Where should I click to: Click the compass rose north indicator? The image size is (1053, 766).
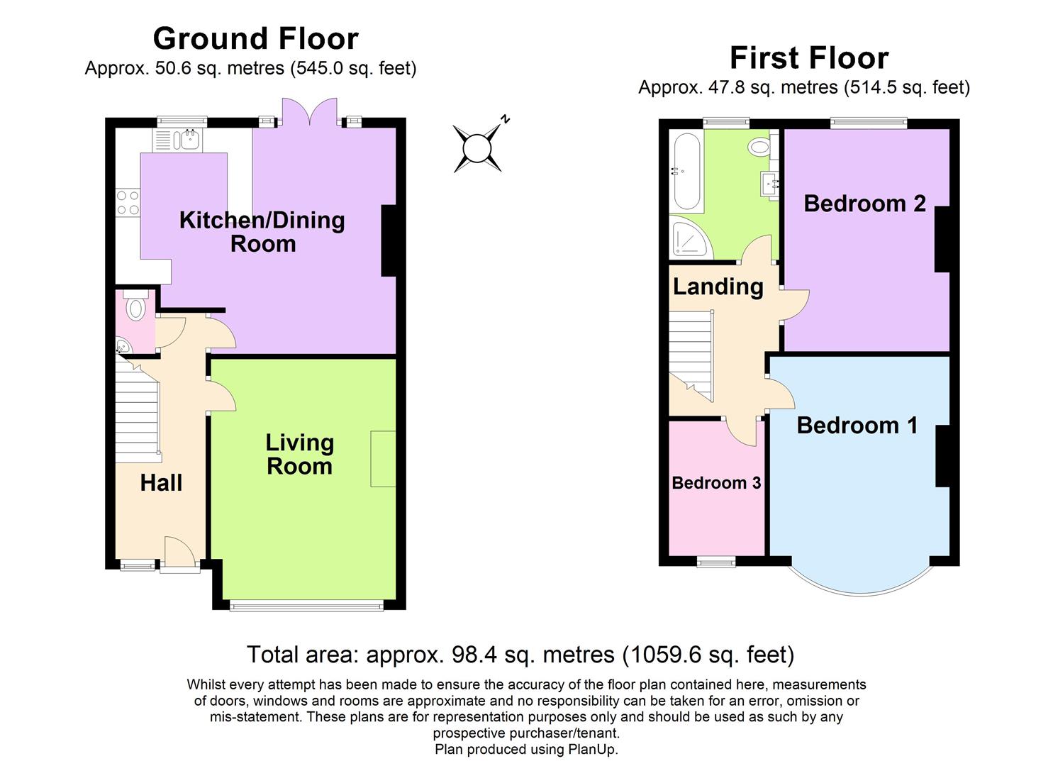coord(478,147)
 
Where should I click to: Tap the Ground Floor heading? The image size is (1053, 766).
coord(255,38)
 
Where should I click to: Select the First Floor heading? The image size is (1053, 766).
coord(808,57)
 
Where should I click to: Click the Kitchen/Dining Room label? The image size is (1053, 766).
coord(262,231)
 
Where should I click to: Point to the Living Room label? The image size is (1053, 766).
coord(299,454)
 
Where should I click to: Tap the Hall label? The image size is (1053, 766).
coord(161,483)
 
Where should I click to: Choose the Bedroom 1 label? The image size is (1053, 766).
coord(857,425)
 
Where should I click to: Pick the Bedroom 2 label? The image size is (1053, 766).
coord(864,204)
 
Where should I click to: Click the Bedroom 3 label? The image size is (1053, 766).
coord(716,483)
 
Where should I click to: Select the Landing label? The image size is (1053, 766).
coord(718,287)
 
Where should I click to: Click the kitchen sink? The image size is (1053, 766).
coord(189,140)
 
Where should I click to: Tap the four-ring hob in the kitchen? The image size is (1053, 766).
coord(128,202)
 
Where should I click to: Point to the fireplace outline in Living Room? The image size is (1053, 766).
coord(383,458)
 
